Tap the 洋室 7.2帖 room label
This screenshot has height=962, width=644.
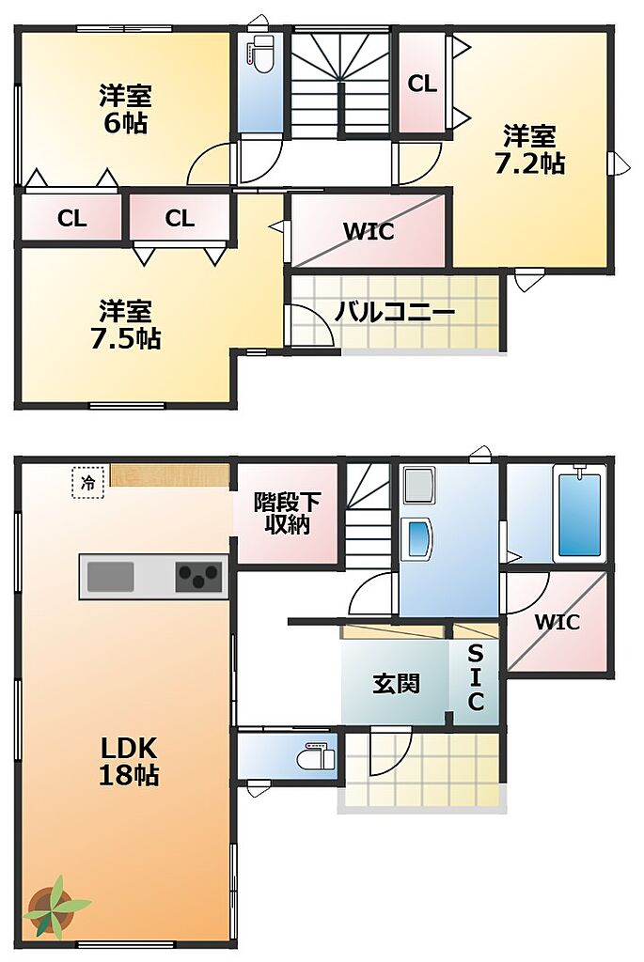[x=530, y=150]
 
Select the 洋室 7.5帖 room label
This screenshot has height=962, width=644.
[x=126, y=325]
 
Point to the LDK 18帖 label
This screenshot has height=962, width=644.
[x=129, y=761]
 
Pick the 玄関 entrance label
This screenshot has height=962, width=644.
[x=397, y=684]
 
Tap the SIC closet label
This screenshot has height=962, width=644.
[x=476, y=676]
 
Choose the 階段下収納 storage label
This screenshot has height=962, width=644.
[x=287, y=514]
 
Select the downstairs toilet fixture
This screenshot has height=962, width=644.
[x=316, y=756]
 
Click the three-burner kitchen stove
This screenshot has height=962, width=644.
[x=198, y=576]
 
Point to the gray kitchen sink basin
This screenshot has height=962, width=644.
[x=111, y=576]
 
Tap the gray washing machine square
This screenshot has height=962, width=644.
[x=417, y=485]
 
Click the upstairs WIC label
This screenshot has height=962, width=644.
[x=369, y=232]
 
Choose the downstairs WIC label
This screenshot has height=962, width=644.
[x=557, y=622]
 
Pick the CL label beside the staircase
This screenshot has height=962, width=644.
[x=422, y=84]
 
